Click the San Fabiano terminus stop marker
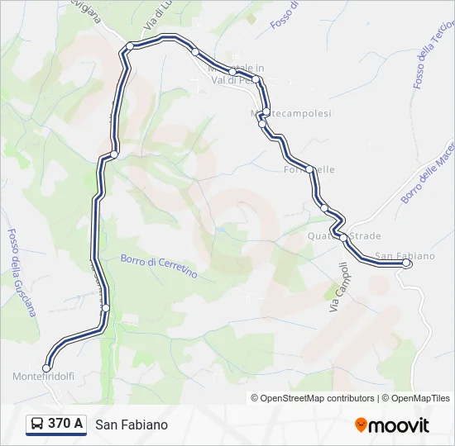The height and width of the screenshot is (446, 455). (x=406, y=263)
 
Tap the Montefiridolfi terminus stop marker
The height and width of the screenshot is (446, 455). (x=46, y=368)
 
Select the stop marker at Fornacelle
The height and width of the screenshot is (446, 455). (x=309, y=169)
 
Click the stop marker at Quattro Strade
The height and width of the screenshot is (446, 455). (x=343, y=237)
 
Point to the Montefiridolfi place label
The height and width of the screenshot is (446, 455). (x=44, y=377)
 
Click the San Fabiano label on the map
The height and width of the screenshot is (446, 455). (x=405, y=255)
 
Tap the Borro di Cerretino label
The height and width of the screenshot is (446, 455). (x=159, y=265)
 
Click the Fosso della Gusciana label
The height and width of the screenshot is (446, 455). (x=22, y=273)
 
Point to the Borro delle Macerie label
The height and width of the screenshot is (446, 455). (x=429, y=173)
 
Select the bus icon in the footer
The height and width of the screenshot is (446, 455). (x=37, y=424)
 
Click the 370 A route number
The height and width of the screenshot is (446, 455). (x=65, y=424)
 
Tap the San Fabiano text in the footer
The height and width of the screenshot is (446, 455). (x=132, y=425)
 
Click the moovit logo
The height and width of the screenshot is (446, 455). (x=392, y=425)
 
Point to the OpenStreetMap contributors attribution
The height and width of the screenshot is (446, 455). (x=313, y=398)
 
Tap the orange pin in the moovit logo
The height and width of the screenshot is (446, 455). (x=361, y=425)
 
